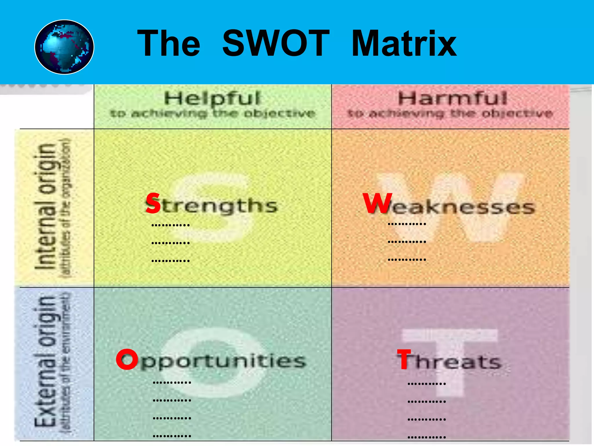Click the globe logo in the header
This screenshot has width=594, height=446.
pos(64,47)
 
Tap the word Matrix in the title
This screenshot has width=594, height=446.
pos(404,44)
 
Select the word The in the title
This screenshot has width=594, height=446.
pos(169,44)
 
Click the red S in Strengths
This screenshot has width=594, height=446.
pos(153,203)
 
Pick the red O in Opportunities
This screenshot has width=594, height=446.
pos(127,359)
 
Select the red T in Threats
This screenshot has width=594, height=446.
pos(404,359)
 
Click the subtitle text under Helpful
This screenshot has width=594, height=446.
pos(213,113)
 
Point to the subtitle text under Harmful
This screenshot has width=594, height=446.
pos(450,113)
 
